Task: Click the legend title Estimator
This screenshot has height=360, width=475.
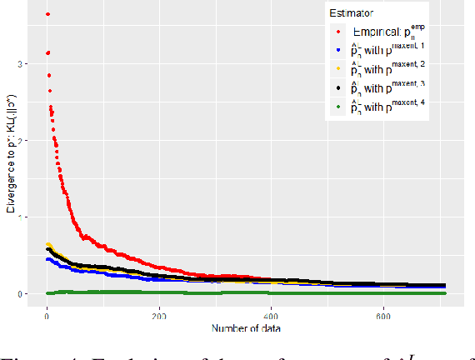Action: [x=350, y=14]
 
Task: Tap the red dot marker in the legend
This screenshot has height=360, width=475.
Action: [x=338, y=32]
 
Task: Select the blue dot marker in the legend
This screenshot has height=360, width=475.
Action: [x=338, y=51]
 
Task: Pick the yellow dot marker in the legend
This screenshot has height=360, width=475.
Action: [x=338, y=69]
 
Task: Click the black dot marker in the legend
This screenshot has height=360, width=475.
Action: [x=338, y=87]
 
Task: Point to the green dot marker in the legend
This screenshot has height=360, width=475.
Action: [x=338, y=106]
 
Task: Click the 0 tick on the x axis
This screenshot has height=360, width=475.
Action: [x=47, y=317]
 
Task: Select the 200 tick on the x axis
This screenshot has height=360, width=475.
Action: [x=159, y=317]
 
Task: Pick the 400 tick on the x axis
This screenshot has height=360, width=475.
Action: [x=272, y=317]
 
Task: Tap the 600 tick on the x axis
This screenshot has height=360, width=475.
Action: [x=384, y=317]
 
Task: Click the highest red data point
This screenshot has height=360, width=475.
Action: [x=47, y=14]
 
